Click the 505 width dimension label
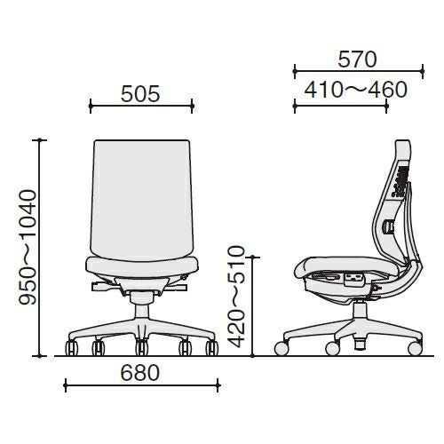pyautogui.click(x=140, y=94)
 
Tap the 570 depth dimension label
pyautogui.click(x=357, y=59)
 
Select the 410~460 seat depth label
pyautogui.click(x=356, y=90)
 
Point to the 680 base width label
pyautogui.click(x=140, y=373)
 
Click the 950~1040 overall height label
pyautogui.click(x=28, y=247)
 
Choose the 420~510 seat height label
pyautogui.click(x=238, y=297)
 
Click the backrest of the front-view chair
pyautogui.click(x=142, y=200)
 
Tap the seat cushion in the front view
pyautogui.click(x=142, y=267)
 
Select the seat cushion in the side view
pyautogui.click(x=346, y=266)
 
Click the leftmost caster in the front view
pyautogui.click(x=72, y=348)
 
